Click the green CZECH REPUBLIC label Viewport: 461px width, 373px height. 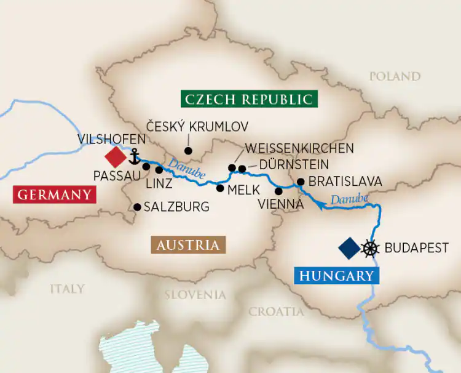click(x=247, y=99)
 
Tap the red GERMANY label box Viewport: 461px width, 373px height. click(x=54, y=195)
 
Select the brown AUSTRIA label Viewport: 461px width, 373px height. click(x=188, y=245)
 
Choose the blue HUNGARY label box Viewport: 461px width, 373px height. click(x=337, y=275)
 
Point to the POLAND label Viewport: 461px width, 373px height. click(x=395, y=76)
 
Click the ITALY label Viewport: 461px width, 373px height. click(x=67, y=288)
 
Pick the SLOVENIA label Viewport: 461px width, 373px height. click(x=195, y=295)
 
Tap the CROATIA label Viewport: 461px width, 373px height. click(x=276, y=311)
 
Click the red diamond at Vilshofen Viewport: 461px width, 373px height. click(x=114, y=154)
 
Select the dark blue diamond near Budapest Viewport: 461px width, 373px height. click(x=349, y=248)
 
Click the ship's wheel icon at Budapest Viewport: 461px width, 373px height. click(x=370, y=248)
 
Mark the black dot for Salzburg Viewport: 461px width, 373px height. click(x=138, y=207)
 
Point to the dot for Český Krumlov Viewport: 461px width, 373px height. click(x=188, y=150)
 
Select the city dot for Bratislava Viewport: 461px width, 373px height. click(x=301, y=182)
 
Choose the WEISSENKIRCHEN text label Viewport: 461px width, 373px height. click(x=299, y=148)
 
